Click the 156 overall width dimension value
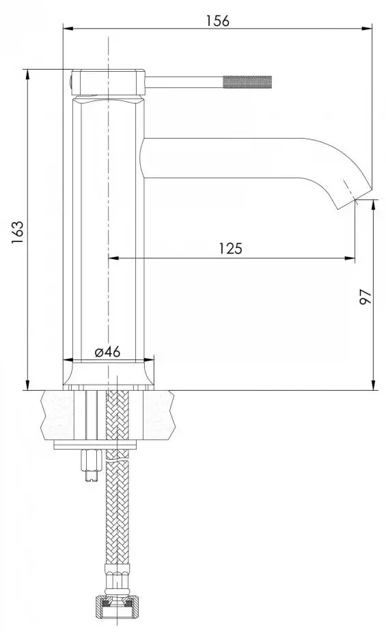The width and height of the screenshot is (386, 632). pyautogui.click(x=218, y=20)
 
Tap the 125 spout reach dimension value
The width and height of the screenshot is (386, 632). pyautogui.click(x=230, y=249)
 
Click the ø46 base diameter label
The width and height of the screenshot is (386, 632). pyautogui.click(x=107, y=352)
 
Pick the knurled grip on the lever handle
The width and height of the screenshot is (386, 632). pyautogui.click(x=249, y=83)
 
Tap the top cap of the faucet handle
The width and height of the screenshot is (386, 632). pyautogui.click(x=108, y=81)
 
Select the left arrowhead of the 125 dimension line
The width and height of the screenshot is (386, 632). pyautogui.click(x=113, y=258)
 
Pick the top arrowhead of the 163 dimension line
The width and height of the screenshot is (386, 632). pyautogui.click(x=27, y=73)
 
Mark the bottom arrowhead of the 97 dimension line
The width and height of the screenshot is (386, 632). pyautogui.click(x=374, y=385)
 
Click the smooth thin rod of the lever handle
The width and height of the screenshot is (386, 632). pyautogui.click(x=184, y=83)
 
